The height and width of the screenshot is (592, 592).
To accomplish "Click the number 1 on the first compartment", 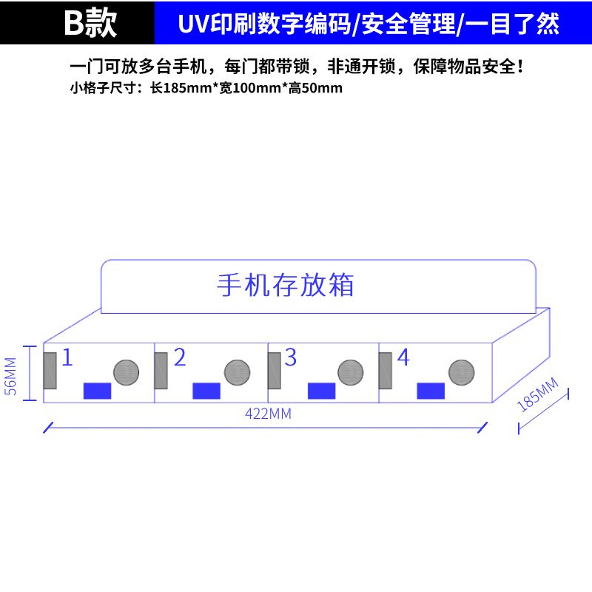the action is click(x=67, y=358).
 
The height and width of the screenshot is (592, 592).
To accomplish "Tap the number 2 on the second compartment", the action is click(x=180, y=358).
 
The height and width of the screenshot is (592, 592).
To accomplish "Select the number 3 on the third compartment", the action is click(x=290, y=358).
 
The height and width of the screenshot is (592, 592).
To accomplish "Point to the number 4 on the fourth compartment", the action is click(x=403, y=358).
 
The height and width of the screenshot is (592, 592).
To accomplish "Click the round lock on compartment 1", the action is click(x=126, y=371).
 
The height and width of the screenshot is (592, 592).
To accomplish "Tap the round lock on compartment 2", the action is click(x=238, y=371).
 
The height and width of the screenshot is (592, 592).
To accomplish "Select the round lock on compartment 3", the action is click(x=350, y=371).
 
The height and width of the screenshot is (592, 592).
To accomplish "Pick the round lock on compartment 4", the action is click(x=461, y=371).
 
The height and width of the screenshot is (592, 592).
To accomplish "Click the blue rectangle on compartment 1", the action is click(x=97, y=391).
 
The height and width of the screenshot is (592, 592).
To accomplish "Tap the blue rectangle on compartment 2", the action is click(x=206, y=391).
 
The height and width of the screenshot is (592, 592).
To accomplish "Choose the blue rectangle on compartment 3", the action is click(x=321, y=391).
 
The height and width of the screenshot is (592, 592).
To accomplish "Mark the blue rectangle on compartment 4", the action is click(x=431, y=391).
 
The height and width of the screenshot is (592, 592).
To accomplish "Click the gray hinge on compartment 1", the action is click(x=50, y=371).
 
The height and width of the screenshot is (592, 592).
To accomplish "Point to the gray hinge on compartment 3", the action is click(x=274, y=371).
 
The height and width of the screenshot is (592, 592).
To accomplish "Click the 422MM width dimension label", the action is click(x=268, y=414).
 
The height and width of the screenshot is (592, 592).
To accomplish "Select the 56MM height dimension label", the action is click(x=10, y=377).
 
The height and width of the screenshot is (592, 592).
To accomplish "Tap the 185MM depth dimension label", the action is click(x=538, y=394).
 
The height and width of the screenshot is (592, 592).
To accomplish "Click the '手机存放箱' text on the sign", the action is click(x=286, y=285).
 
